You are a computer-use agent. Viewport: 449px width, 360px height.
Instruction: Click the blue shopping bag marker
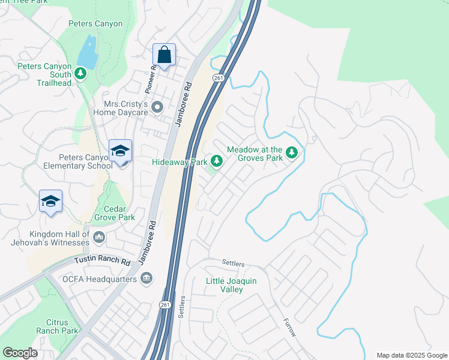coord(164,55)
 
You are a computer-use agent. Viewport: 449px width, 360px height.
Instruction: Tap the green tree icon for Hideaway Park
coord(217,161)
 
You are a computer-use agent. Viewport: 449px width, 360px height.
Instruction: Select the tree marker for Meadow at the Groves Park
coord(292,153)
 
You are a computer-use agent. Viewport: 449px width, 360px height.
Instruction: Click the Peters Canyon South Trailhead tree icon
coord(80,73)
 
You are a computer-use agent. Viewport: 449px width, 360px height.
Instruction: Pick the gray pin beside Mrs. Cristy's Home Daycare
coord(158,108)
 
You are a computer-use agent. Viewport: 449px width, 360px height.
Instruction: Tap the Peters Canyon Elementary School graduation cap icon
coord(120,152)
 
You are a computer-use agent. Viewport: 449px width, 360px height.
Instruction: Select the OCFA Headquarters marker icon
coord(146,278)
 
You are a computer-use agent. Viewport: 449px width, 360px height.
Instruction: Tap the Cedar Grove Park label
coord(115,214)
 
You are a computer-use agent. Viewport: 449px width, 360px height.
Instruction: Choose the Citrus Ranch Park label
coord(57,326)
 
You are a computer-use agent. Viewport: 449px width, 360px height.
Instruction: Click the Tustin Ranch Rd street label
coord(102,261)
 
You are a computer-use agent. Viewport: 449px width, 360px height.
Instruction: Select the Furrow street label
coord(290,326)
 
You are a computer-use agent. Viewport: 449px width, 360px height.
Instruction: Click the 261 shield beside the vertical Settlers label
coord(165,305)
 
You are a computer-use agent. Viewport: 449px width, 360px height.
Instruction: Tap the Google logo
coord(20,353)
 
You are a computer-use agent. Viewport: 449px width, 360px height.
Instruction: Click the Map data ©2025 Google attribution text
coord(411,355)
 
